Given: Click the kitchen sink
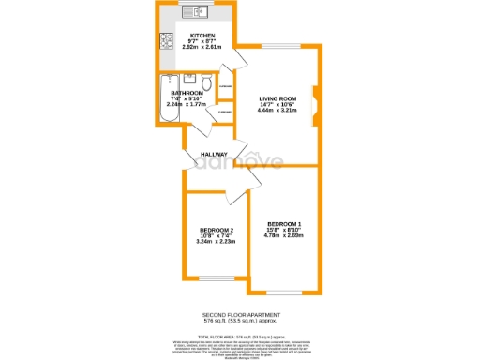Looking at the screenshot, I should click(198, 11).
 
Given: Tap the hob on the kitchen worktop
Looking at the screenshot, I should click(165, 40).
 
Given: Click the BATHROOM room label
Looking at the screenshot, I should click(187, 94).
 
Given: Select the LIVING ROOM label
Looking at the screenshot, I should click(278, 97).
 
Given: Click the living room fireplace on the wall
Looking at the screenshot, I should click(314, 100).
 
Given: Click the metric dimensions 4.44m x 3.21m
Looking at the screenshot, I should click(277, 110).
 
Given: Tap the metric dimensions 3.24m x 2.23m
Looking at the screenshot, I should click(216, 242).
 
